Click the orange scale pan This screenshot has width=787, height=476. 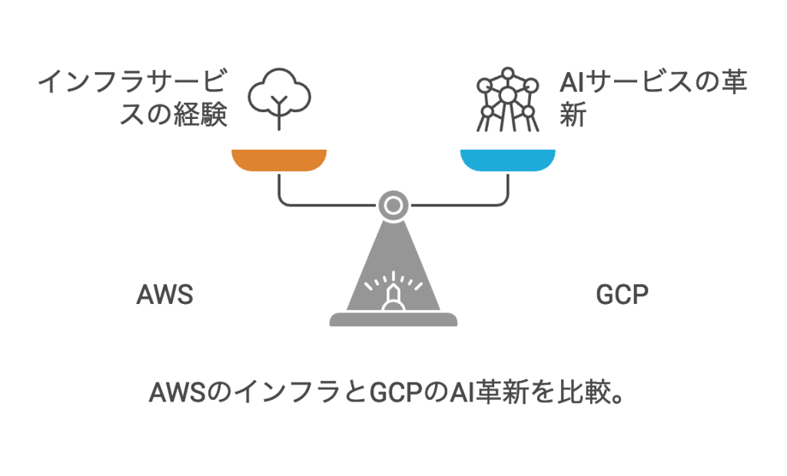[x=280, y=160]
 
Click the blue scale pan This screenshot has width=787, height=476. [x=507, y=160]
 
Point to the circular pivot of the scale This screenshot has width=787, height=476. [x=393, y=205]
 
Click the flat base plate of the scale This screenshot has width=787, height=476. [x=393, y=319]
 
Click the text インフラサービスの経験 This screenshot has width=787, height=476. [x=134, y=100]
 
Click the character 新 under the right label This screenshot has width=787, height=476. [x=573, y=116]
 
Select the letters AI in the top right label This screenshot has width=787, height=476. [x=572, y=83]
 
